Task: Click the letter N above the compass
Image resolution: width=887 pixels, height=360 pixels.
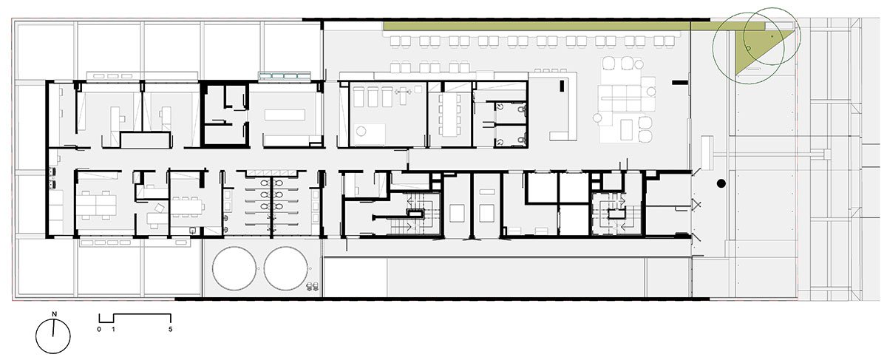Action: click(x=54, y=314)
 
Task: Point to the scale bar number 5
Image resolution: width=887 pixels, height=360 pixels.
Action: click(x=170, y=329)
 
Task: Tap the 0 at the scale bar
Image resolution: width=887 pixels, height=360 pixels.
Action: click(x=99, y=329)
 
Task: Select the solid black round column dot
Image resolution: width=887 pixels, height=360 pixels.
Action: click(x=721, y=183)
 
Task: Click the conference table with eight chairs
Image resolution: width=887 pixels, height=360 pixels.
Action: click(x=450, y=115)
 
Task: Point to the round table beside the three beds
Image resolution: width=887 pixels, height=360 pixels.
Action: click(x=361, y=131)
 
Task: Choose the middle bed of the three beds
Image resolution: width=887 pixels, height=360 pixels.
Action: click(x=373, y=97)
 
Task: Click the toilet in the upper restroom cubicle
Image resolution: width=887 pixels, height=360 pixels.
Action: click(x=523, y=108)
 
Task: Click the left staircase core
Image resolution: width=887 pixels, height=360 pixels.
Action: click(x=415, y=214)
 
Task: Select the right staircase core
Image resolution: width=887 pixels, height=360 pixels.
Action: click(x=615, y=214)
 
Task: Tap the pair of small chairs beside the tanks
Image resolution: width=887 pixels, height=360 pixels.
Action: click(x=313, y=286)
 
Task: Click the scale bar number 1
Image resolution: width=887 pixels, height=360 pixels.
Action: click(x=113, y=329)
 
